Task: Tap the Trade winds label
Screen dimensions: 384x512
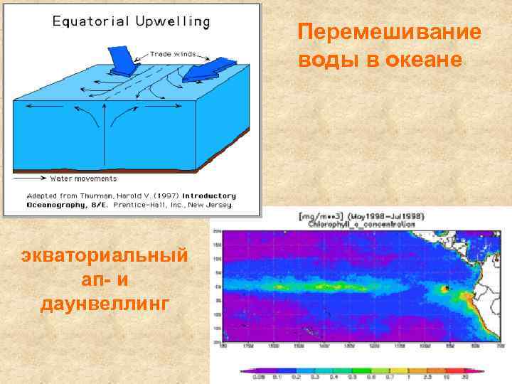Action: click(174, 54)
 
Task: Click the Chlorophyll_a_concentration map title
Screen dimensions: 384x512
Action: click(361, 223)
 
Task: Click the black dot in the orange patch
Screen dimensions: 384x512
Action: click(445, 288)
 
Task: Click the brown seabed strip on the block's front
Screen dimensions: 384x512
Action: click(135, 169)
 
